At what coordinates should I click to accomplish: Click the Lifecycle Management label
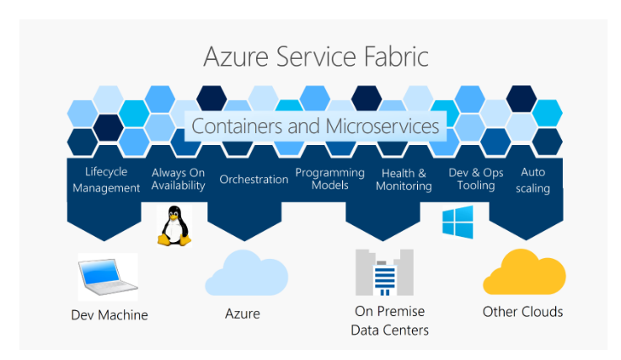pos(106,180)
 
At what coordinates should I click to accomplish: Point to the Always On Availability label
pos(178,179)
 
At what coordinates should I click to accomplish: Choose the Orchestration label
pos(254,179)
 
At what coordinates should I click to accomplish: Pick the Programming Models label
pos(329,179)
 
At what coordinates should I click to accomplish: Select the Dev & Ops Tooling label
pos(476,179)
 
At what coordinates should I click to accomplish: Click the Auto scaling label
pos(533,179)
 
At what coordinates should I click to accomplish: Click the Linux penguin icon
pos(175,225)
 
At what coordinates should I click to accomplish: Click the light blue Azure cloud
pos(246,271)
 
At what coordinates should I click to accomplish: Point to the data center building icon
pos(384,271)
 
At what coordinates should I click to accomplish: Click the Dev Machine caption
pos(109,315)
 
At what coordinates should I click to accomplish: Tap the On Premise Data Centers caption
pos(389,320)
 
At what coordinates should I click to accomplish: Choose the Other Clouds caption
pos(522,312)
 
